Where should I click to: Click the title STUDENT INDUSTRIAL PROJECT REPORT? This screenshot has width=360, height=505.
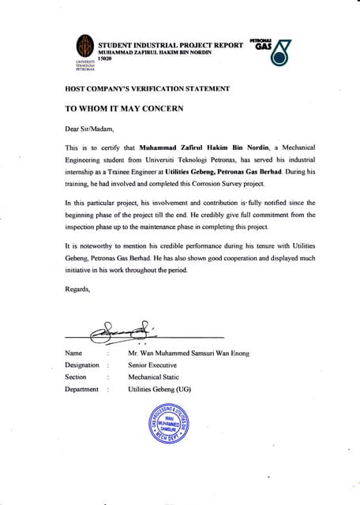[170, 44]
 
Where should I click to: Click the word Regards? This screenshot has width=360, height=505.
[77, 290]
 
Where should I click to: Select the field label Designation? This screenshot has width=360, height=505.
[82, 365]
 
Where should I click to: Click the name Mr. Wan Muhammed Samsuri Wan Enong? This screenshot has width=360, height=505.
[189, 353]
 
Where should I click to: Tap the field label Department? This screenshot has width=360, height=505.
[81, 389]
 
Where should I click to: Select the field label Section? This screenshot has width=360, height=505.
[75, 377]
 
